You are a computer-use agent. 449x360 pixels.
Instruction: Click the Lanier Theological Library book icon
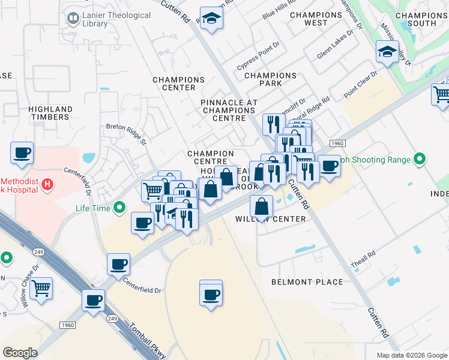(73, 19)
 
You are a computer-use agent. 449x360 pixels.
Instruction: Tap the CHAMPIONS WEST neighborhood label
(316, 19)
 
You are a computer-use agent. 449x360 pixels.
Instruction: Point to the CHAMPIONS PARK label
(270, 80)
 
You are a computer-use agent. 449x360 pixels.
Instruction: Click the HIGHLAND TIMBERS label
(50, 113)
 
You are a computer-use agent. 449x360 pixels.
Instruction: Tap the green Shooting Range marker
(420, 160)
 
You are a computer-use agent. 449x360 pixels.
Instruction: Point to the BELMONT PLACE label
(307, 282)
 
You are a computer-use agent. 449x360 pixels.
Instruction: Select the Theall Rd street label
(363, 255)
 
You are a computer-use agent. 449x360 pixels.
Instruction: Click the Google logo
(20, 353)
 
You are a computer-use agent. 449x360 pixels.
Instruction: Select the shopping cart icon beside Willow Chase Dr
(41, 288)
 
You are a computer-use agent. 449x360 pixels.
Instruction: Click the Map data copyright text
(411, 355)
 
